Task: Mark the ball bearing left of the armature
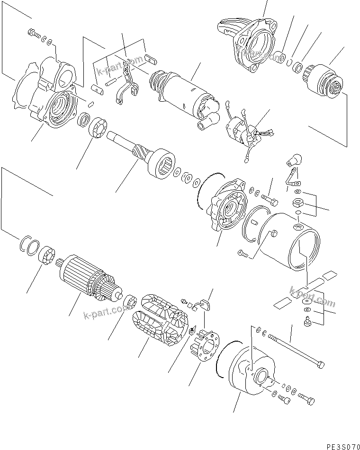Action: tap(47, 256)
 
